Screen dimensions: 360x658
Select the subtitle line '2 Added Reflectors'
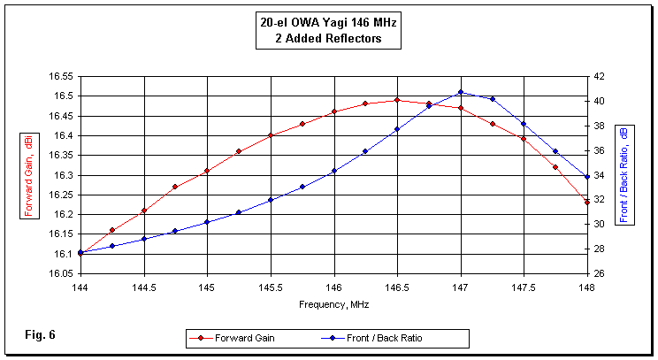click(329, 40)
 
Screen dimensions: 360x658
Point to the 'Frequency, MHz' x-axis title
click(333, 303)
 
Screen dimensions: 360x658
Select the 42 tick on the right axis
click(599, 76)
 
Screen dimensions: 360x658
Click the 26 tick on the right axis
click(599, 273)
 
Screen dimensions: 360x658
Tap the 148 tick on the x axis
click(587, 287)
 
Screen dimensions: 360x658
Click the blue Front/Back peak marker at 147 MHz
click(461, 92)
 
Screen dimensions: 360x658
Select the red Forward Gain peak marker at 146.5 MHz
click(397, 100)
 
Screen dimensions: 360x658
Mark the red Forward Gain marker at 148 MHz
click(587, 203)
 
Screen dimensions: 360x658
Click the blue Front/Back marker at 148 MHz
click(587, 177)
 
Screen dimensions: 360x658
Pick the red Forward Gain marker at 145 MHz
click(207, 171)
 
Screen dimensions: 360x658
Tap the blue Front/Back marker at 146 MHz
click(334, 171)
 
